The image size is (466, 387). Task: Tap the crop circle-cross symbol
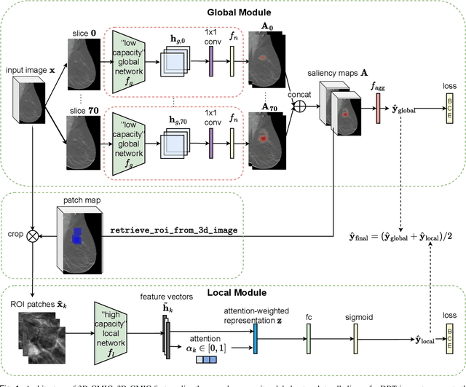(x=31, y=237)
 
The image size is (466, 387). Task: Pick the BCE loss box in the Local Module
(x=449, y=320)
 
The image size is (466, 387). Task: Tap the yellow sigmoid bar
(x=355, y=320)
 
